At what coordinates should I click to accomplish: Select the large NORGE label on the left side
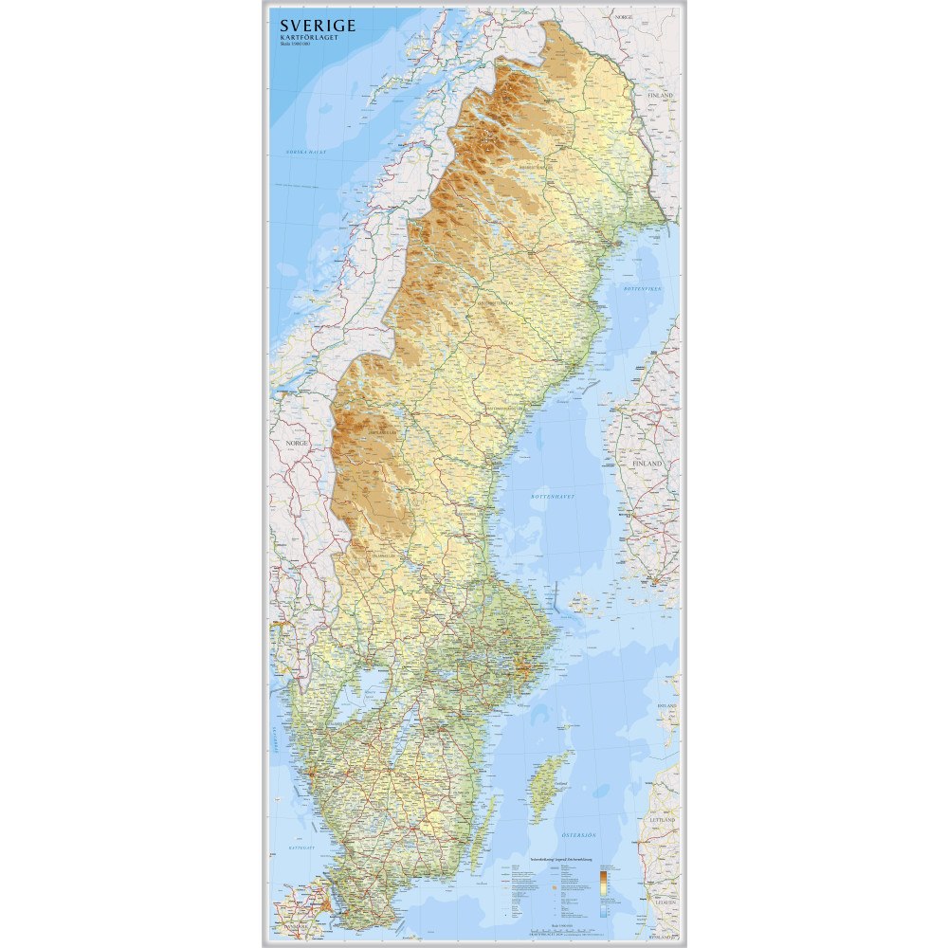[290, 443]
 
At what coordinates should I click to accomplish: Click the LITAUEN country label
[663, 902]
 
